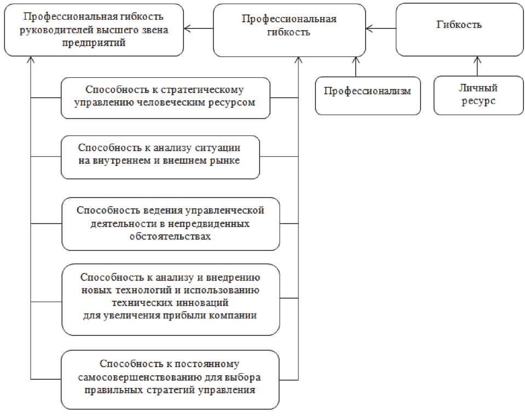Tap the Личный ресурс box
tap(478, 94)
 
